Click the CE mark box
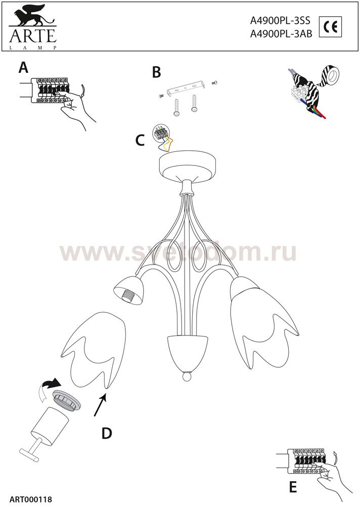pos(330,27)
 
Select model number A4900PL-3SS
pos(280,21)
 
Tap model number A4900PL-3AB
pos(281,34)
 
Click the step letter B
pos(156,72)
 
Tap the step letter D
pos(107,433)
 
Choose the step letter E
pos(293,487)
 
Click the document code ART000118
pos(31,499)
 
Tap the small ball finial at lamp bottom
pos(186,376)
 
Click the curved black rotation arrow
pos(52,384)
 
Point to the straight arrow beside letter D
pos(100,405)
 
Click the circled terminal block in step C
pos(162,133)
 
